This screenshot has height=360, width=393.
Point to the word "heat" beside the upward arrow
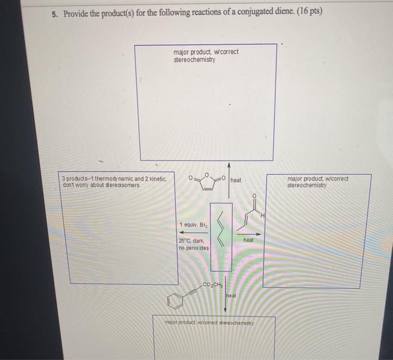click(236, 180)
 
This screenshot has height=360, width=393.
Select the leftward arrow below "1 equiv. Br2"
click(191, 232)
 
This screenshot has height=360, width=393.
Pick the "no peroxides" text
click(193, 247)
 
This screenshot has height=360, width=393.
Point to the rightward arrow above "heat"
click(248, 233)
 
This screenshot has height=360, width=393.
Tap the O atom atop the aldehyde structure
click(254, 196)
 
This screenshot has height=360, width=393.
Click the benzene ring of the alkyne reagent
click(175, 303)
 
